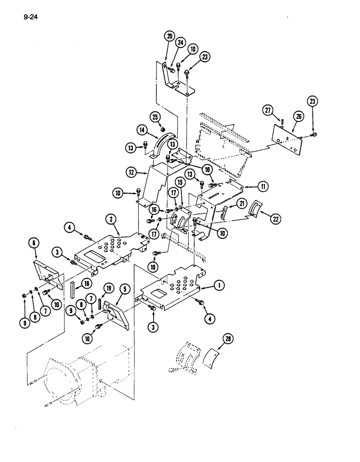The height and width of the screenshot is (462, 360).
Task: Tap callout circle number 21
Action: pos(242,205)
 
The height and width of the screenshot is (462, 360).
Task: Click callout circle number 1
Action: pos(219,286)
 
